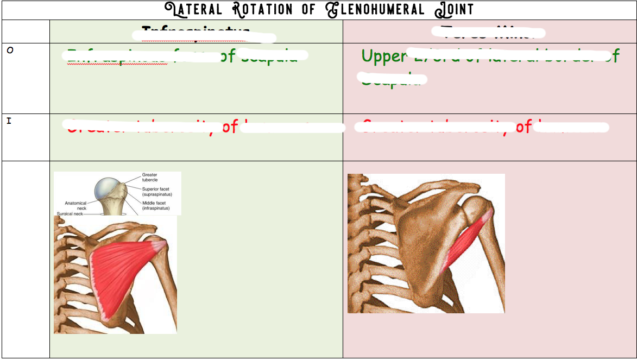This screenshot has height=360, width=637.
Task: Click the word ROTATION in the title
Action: pyautogui.click(x=261, y=10)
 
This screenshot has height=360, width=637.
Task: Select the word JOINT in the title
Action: pyautogui.click(x=454, y=10)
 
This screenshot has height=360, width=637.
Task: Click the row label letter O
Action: pyautogui.click(x=9, y=50)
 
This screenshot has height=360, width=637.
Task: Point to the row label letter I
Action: pyautogui.click(x=9, y=121)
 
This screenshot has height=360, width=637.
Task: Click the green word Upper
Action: pyautogui.click(x=383, y=56)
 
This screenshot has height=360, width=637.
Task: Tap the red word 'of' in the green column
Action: pyautogui.click(x=230, y=127)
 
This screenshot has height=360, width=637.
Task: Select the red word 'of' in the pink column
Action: pyautogui.click(x=524, y=127)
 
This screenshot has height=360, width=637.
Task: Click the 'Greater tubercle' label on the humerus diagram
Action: pyautogui.click(x=150, y=178)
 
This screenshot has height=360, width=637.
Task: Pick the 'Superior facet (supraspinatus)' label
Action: pyautogui.click(x=157, y=192)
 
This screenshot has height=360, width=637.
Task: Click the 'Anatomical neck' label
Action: pyautogui.click(x=75, y=205)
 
